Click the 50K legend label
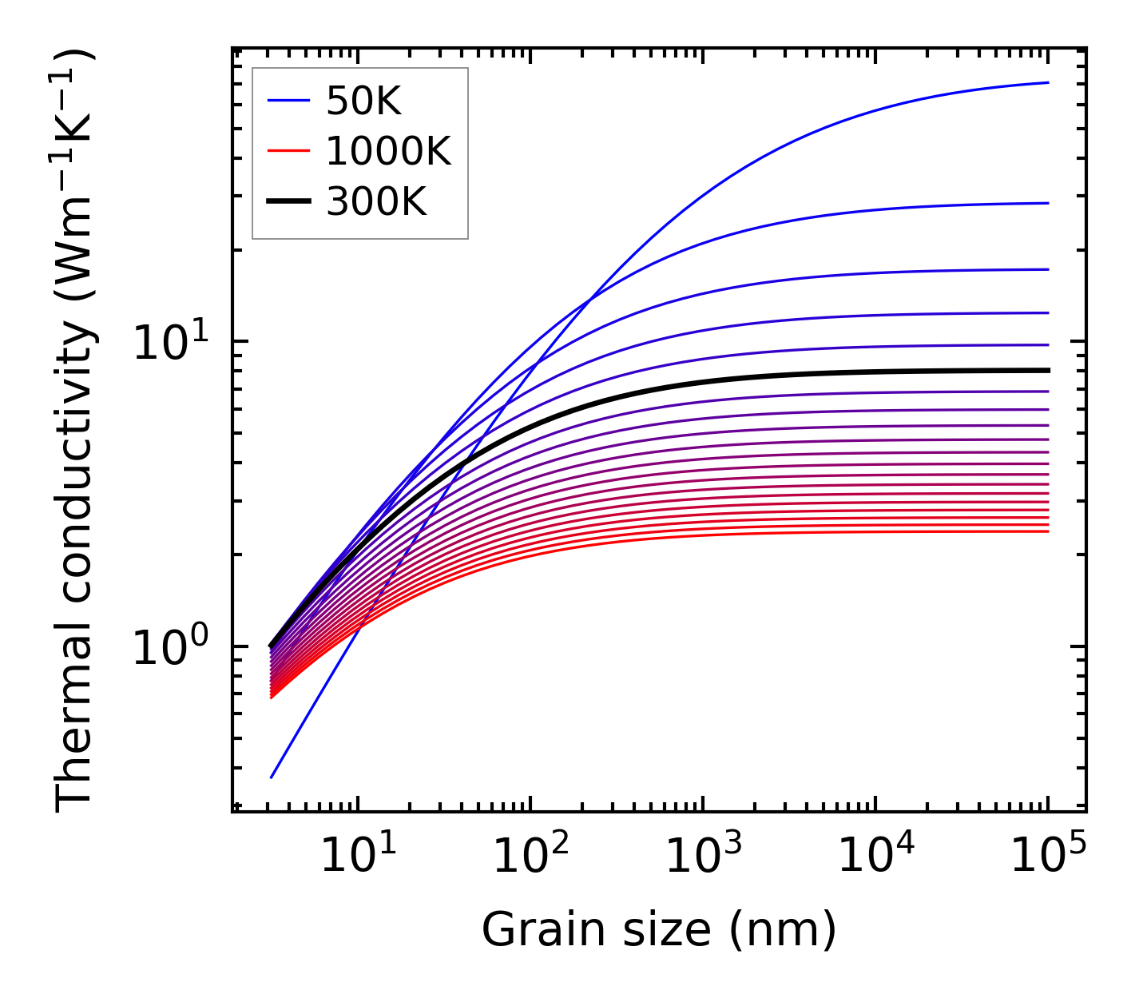tap(363, 101)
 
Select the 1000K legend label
tap(388, 151)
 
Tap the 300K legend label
tap(376, 202)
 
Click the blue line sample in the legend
tap(288, 101)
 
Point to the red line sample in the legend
tap(288, 151)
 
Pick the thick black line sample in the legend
tap(288, 202)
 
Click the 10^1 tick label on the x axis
tap(356, 857)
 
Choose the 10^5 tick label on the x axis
tap(1047, 857)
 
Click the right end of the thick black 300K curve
tap(1047, 370)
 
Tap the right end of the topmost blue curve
tap(1047, 82)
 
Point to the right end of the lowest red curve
tap(1047, 531)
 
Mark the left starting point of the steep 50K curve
tap(272, 777)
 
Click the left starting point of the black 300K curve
tap(272, 645)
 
